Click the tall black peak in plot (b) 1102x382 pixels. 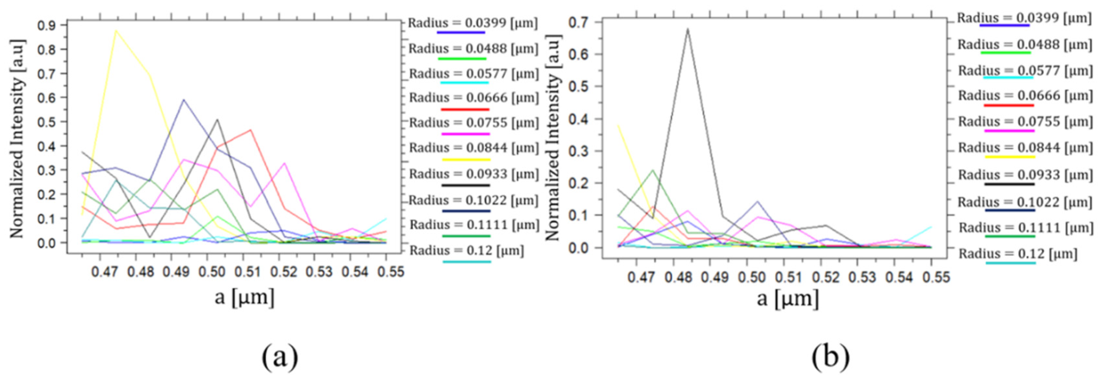tap(687, 29)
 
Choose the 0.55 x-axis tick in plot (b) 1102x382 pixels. tap(935, 277)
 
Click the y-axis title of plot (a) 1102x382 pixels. tap(17, 139)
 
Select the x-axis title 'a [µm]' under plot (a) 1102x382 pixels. tap(244, 297)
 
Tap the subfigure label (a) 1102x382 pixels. tap(280, 356)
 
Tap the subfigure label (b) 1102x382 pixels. tap(831, 356)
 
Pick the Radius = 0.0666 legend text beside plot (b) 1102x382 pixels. tap(1025, 96)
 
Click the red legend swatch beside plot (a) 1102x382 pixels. tap(465, 110)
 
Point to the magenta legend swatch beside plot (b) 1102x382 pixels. tap(1009, 131)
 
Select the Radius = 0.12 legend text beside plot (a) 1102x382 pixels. tap(467, 251)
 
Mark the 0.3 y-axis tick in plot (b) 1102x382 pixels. tap(580, 151)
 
